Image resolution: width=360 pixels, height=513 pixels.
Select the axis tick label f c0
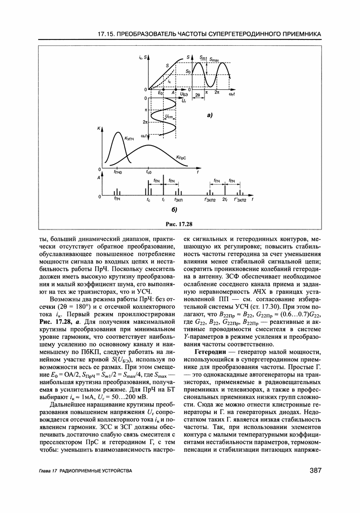148,172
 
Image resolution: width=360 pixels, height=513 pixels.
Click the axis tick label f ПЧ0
118,172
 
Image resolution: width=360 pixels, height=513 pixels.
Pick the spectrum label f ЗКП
178,200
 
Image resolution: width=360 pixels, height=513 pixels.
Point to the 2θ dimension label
198,95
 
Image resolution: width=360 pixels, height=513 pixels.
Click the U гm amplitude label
169,117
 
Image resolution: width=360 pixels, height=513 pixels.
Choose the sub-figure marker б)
174,210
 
